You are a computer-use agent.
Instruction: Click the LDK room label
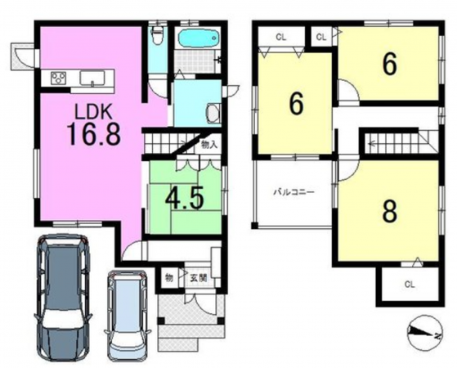[93, 111]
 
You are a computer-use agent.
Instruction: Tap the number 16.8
[94, 134]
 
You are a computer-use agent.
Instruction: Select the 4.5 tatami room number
[184, 200]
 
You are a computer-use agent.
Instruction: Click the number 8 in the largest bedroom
[390, 212]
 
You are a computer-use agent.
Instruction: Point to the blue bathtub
[198, 38]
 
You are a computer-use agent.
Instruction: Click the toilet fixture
[158, 35]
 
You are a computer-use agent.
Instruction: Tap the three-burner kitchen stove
[59, 79]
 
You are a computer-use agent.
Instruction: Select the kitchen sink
[92, 79]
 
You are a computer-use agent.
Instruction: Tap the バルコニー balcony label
[293, 192]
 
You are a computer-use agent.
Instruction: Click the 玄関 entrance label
[199, 278]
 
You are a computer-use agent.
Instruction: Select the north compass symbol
[425, 332]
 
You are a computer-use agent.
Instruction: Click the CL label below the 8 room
[410, 285]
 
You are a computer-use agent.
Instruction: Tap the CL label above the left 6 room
[281, 38]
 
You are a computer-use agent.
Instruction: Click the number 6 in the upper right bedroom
[390, 65]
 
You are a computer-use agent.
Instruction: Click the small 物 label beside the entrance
[169, 277]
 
